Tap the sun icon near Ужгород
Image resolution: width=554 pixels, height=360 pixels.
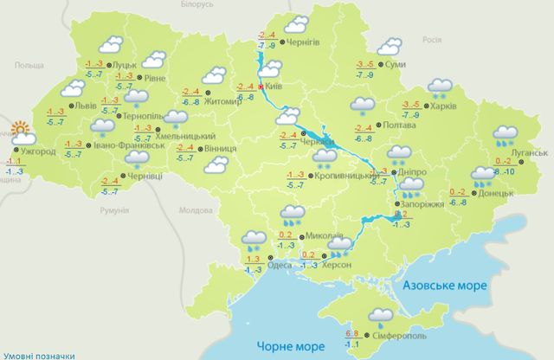pyautogui.click(x=23, y=134)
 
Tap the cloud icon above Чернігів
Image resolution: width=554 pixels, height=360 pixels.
pyautogui.click(x=298, y=24)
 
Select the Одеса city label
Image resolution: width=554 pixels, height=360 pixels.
pyautogui.click(x=278, y=266)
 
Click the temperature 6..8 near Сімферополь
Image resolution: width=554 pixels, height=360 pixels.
pyautogui.click(x=353, y=333)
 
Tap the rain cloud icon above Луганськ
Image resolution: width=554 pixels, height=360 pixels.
pyautogui.click(x=505, y=134)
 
